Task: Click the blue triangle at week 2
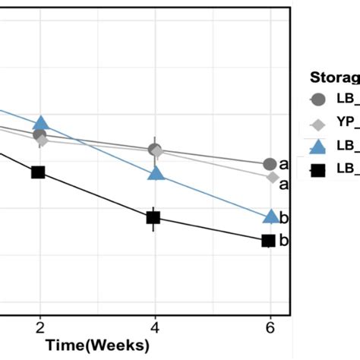click(41, 124)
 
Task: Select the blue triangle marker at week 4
click(156, 174)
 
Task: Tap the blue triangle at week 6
click(270, 216)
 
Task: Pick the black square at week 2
click(38, 172)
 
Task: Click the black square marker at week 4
click(153, 218)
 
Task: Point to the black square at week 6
click(268, 241)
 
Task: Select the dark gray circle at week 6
click(270, 164)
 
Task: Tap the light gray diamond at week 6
click(272, 177)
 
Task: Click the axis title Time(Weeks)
click(96, 346)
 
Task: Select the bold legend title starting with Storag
click(334, 77)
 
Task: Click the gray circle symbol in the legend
click(319, 99)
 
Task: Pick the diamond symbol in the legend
click(319, 124)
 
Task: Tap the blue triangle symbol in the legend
click(319, 147)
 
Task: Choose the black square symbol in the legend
click(319, 170)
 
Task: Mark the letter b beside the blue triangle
click(284, 219)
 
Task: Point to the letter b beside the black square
click(284, 242)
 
